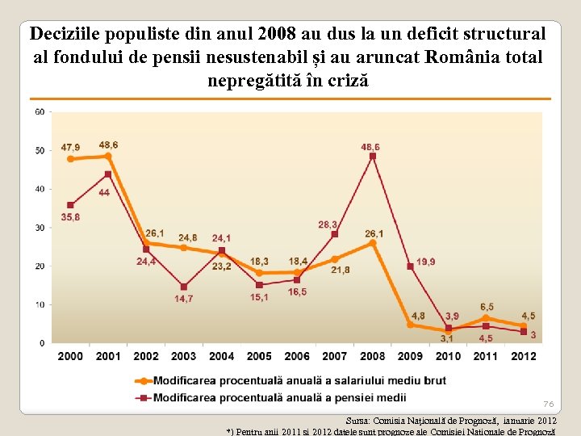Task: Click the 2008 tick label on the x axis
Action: pos(372,356)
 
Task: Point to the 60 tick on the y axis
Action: pos(40,111)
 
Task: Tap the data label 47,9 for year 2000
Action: pos(70,148)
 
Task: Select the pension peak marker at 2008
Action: pos(372,156)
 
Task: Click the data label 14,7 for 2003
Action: pos(183,299)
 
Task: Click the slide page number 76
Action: pos(548,404)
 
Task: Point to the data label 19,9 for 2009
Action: pos(427,262)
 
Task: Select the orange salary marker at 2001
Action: pos(108,157)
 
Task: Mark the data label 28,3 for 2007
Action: pos(328,224)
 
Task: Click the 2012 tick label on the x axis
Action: pos(524,356)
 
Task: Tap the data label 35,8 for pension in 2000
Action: pos(70,217)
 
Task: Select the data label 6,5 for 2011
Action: pos(487,307)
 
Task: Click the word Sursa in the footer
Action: pos(361,421)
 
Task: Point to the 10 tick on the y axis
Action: pos(40,304)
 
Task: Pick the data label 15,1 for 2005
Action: pos(259,297)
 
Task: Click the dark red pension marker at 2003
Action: pos(184,287)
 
